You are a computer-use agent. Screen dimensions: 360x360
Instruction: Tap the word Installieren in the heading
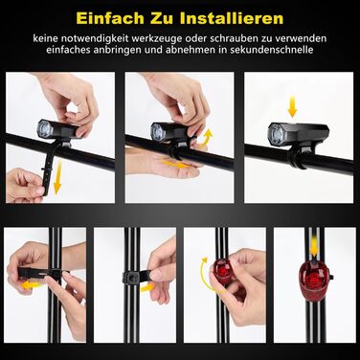pyautogui.click(x=232, y=18)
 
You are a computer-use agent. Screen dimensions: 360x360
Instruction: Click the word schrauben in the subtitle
pyautogui.click(x=235, y=38)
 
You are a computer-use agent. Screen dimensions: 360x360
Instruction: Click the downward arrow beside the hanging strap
pyautogui.click(x=57, y=177)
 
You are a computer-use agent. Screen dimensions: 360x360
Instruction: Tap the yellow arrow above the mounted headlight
pyautogui.click(x=292, y=106)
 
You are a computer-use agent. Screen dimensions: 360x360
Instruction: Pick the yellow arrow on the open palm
pyautogui.click(x=176, y=165)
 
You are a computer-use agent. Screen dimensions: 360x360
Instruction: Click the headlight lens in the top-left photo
pyautogui.click(x=45, y=129)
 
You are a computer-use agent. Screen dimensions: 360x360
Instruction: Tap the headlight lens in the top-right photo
pyautogui.click(x=276, y=134)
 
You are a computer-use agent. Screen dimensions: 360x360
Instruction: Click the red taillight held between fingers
pyautogui.click(x=223, y=272)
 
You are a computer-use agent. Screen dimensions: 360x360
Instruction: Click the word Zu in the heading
pyautogui.click(x=162, y=18)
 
